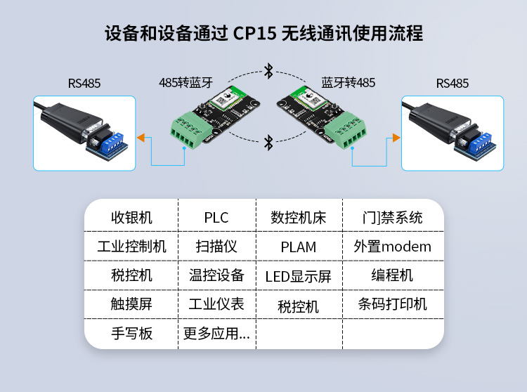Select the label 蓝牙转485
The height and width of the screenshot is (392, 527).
(x=348, y=83)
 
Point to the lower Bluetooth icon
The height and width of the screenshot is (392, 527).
(x=268, y=143)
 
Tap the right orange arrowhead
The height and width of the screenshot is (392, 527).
(x=395, y=138)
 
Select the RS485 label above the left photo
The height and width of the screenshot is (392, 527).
(x=84, y=84)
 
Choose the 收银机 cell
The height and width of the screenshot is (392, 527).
(x=131, y=218)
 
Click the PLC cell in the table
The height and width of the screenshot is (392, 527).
(x=216, y=218)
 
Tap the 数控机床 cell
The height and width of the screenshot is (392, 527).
(x=299, y=218)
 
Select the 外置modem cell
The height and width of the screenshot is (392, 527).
(x=392, y=247)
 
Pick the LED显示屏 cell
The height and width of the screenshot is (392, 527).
(x=299, y=276)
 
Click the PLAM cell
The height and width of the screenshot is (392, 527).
(x=299, y=247)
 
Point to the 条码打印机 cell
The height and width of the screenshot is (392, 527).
(x=392, y=304)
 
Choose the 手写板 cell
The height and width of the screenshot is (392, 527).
(x=131, y=334)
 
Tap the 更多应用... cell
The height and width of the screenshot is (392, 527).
(x=216, y=334)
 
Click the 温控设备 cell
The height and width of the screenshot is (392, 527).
(x=216, y=275)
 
